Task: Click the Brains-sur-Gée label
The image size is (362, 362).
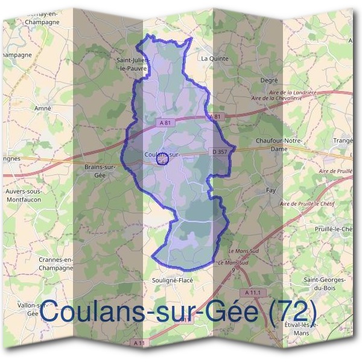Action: point(100,170)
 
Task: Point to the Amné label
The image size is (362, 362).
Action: point(43,108)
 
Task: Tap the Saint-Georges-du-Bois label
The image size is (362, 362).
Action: point(324,284)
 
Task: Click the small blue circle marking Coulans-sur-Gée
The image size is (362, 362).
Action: point(161,160)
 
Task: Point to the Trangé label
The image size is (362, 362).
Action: point(342,141)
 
